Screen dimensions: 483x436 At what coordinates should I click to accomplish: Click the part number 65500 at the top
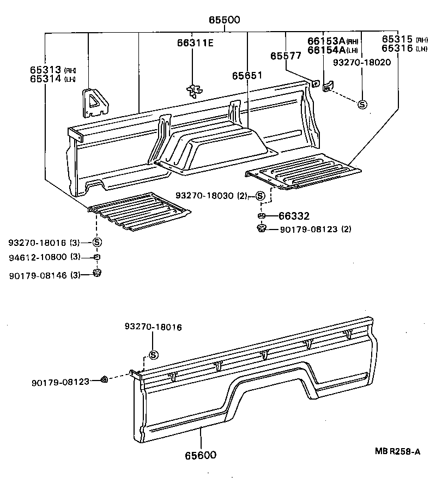point(224,21)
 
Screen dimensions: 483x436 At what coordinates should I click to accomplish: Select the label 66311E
point(194,43)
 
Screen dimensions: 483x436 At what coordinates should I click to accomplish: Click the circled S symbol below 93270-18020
point(362,104)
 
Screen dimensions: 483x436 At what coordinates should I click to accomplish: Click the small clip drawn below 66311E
point(194,90)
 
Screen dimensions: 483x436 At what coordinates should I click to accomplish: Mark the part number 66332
point(294,216)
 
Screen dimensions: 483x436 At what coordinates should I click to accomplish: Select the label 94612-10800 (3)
point(45,257)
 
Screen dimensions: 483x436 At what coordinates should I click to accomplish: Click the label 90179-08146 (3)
point(45,276)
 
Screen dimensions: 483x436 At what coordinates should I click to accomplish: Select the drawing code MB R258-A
point(397,451)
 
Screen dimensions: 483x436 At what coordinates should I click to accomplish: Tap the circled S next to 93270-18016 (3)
point(97,242)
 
